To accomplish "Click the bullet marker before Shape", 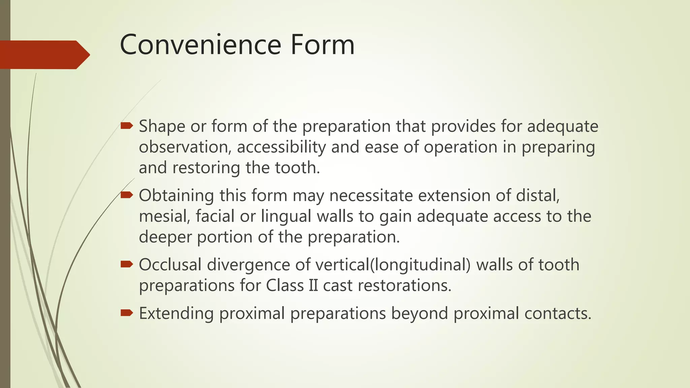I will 127,126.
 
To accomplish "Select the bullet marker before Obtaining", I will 127,195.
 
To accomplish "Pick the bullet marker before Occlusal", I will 127,264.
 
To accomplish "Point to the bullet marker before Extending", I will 127,313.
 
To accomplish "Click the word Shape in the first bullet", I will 162,127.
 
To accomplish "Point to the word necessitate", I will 371,195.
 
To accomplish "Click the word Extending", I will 176,314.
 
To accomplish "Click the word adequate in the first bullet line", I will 563,127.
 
